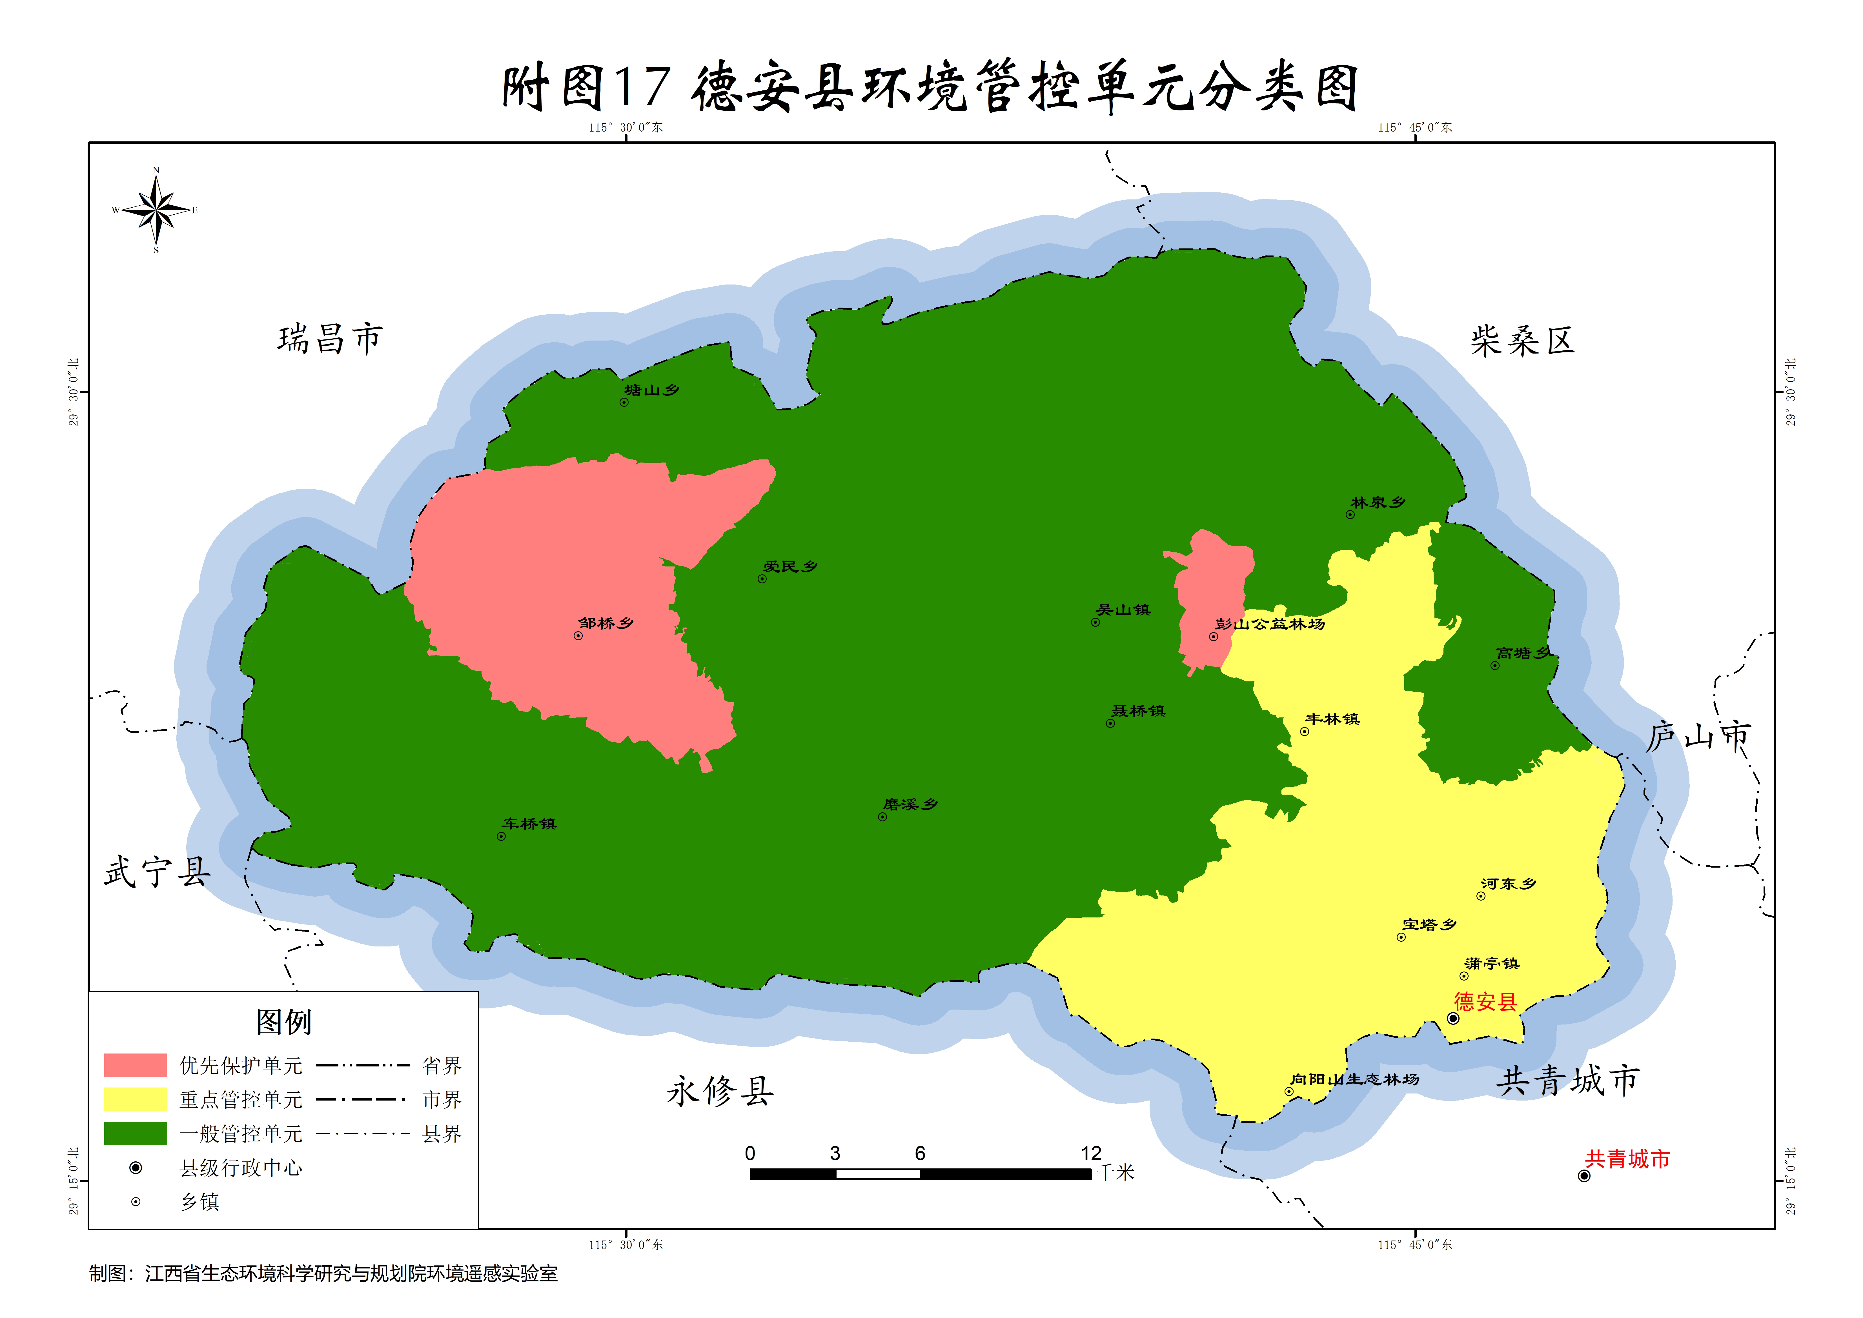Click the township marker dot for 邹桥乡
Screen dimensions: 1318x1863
578,636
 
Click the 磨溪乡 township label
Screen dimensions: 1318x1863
910,804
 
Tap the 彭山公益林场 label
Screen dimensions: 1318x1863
1270,624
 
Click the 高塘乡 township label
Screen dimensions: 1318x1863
1523,653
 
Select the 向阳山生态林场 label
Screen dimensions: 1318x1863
1355,1079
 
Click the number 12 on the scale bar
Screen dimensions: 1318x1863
1091,1153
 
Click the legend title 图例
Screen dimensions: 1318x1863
283,1022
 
